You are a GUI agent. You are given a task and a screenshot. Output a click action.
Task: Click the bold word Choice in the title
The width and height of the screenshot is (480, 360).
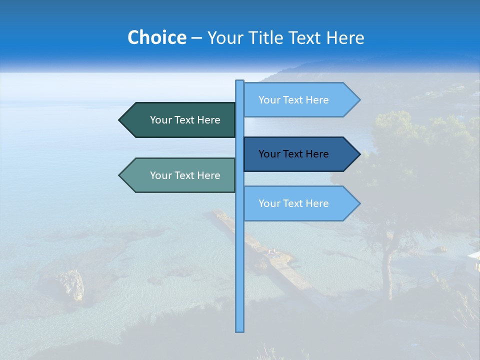[156, 37]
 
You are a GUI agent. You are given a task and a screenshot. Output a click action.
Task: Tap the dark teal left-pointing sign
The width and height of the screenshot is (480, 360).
[185, 120]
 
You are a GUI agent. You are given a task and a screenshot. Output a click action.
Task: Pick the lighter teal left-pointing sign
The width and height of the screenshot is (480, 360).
[185, 175]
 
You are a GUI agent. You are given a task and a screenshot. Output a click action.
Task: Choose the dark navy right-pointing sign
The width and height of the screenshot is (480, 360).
[293, 154]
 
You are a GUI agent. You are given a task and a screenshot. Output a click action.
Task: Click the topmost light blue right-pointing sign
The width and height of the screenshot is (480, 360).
[293, 100]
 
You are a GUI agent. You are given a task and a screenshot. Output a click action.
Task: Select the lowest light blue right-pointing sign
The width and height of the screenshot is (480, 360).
[293, 203]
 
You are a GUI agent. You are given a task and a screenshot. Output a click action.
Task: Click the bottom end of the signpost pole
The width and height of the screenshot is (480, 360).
[239, 329]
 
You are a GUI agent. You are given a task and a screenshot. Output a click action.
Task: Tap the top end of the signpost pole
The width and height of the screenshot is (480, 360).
[239, 82]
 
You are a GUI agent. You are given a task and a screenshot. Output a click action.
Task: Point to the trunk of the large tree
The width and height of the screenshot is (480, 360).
[386, 265]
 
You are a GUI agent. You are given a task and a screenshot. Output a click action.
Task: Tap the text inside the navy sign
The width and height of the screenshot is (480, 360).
[293, 154]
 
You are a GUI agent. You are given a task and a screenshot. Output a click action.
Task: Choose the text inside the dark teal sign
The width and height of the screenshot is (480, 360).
[185, 120]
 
